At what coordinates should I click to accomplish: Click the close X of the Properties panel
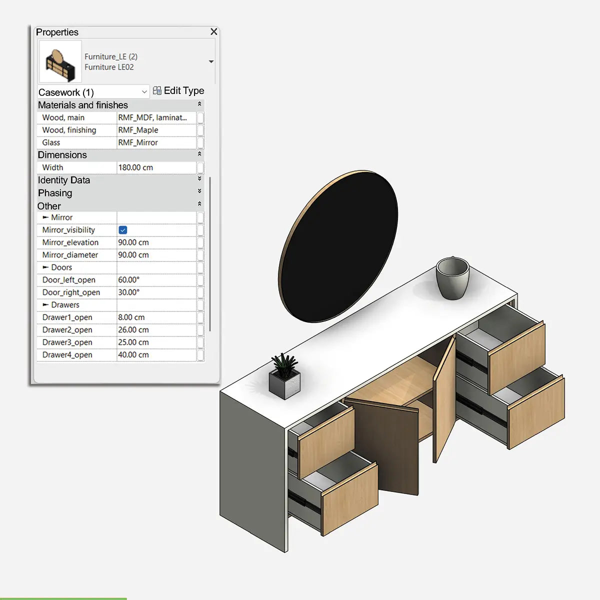point(214,31)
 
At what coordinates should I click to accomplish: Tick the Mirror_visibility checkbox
point(123,230)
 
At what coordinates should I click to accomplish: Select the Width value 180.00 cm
point(135,167)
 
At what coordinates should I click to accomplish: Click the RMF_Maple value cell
point(138,130)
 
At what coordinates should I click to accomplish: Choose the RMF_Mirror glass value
point(138,142)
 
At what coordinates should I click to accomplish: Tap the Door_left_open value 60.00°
point(129,280)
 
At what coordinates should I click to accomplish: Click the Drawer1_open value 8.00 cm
point(131,317)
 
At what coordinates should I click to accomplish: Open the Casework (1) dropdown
point(144,92)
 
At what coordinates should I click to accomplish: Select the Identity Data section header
point(64,180)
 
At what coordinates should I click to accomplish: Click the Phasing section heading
point(55,193)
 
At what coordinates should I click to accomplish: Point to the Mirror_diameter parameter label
point(70,255)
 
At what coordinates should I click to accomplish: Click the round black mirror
point(339,246)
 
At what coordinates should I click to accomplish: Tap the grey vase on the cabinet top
point(452,277)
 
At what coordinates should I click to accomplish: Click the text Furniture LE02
point(109,67)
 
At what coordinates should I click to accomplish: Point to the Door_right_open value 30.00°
point(129,292)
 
